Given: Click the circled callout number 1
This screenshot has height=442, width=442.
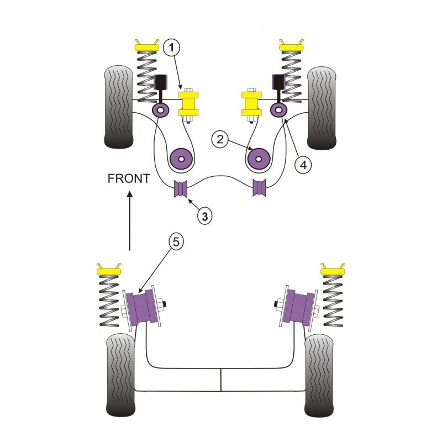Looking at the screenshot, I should [x=172, y=48].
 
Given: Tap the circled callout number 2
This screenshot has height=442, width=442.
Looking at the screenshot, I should [x=220, y=140].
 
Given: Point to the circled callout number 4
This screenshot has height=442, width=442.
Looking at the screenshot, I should [x=302, y=164].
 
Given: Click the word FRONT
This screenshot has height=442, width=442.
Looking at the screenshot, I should [x=129, y=178].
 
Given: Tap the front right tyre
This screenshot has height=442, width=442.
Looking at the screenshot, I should [x=322, y=108].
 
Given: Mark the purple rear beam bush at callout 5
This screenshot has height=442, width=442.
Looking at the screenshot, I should [x=142, y=310].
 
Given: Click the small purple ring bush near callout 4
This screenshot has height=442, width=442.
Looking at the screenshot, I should [x=277, y=110].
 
